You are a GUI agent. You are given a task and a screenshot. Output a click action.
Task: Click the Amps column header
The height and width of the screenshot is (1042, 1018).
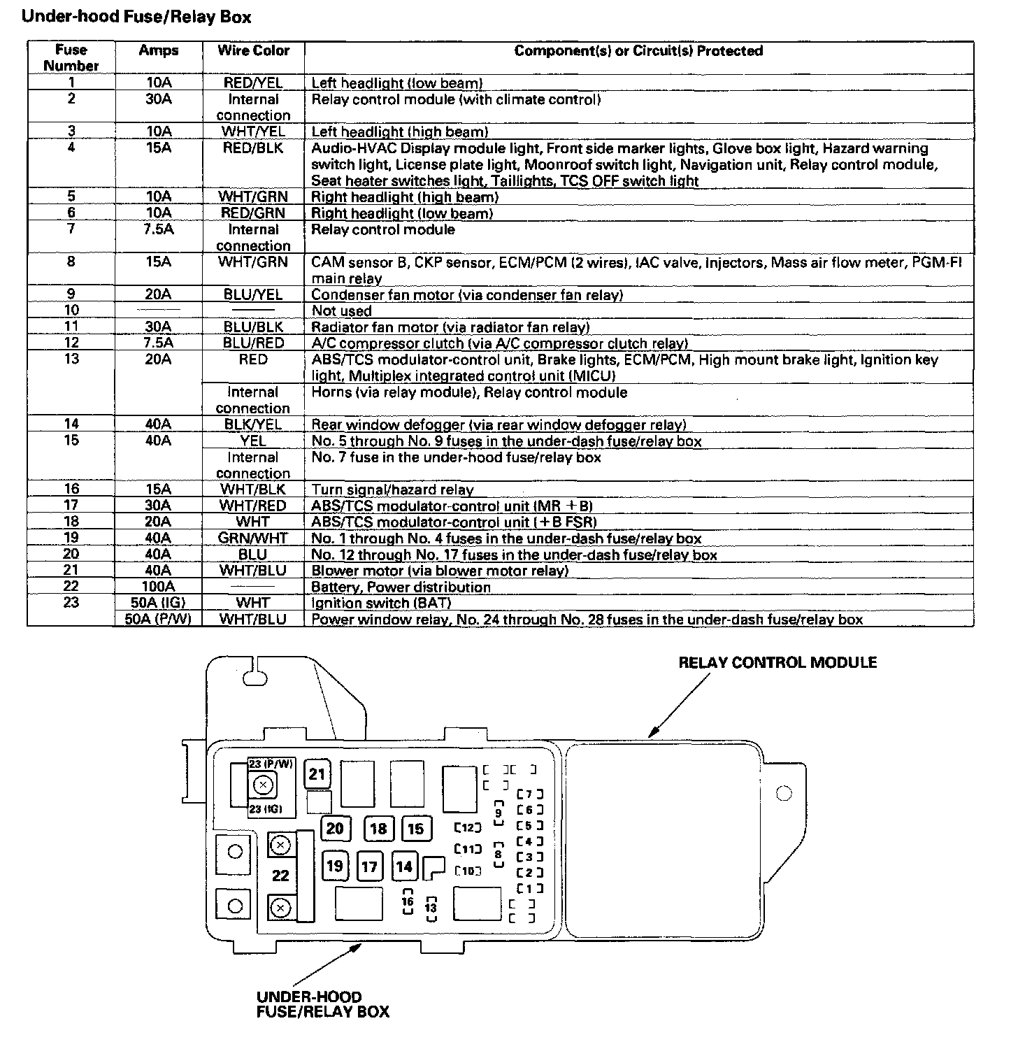159,51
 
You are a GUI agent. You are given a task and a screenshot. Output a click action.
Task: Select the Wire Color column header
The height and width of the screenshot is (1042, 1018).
253,51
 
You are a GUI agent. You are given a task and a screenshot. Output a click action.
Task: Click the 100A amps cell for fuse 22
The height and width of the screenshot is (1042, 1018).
159,587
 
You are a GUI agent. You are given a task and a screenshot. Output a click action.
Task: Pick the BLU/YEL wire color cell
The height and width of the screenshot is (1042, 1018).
253,295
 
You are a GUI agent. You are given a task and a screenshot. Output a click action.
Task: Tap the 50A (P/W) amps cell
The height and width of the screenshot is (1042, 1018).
159,619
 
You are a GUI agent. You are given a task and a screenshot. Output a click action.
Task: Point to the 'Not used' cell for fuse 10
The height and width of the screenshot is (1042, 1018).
342,311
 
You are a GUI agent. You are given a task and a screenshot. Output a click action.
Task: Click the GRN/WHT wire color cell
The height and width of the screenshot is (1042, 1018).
253,538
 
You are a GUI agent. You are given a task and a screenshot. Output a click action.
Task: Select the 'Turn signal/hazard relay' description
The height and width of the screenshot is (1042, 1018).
392,490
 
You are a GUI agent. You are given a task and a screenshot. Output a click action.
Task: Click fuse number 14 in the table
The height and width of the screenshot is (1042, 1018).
71,424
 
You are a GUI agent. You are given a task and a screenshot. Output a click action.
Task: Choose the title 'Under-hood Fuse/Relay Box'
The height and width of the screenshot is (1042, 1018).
137,17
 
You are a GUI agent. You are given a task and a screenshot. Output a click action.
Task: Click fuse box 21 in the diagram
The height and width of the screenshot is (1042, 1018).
317,774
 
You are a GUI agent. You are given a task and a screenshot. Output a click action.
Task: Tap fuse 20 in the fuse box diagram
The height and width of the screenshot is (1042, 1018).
335,829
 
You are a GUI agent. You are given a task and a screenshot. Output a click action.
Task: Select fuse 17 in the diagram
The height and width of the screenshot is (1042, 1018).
369,867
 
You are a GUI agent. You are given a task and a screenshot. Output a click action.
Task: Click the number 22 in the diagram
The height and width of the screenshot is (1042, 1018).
280,876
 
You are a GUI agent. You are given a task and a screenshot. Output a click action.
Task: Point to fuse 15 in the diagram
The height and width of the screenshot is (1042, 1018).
415,829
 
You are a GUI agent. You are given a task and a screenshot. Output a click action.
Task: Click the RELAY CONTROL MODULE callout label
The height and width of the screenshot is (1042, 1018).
777,662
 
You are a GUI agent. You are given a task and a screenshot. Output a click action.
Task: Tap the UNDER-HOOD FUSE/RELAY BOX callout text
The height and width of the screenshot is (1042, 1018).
323,1004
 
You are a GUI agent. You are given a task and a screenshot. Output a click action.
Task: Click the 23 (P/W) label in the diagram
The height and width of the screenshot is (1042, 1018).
272,764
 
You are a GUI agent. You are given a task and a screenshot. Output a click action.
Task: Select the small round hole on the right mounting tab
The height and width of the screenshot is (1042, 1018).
784,793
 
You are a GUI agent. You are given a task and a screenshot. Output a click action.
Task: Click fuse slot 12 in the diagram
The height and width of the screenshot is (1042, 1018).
468,828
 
